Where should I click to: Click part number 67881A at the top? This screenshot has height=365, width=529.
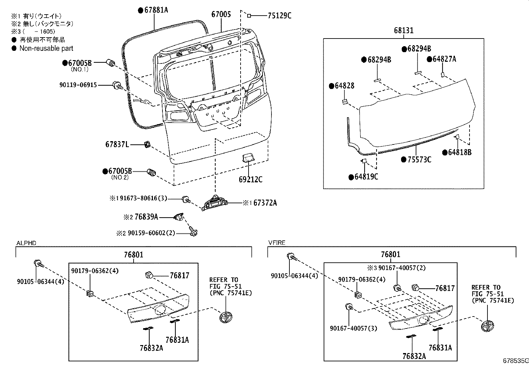tap(156, 10)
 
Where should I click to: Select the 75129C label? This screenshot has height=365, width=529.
tap(279, 15)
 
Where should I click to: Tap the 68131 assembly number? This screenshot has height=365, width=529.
tap(404, 31)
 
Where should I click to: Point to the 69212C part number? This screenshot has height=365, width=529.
tap(250, 180)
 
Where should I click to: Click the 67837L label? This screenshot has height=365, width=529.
tap(117, 144)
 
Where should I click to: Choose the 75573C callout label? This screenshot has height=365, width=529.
tap(419, 160)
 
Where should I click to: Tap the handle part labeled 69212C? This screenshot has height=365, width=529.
tap(248, 158)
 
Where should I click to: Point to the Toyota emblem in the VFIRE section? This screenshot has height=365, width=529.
tap(488, 325)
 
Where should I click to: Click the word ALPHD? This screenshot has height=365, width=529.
tap(26, 243)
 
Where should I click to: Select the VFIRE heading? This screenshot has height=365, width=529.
tap(276, 243)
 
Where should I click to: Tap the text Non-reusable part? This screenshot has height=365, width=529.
tap(46, 48)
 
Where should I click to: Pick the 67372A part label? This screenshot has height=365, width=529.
tap(265, 203)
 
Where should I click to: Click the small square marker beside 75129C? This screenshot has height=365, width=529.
tap(249, 15)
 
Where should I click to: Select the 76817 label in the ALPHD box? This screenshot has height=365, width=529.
tap(179, 275)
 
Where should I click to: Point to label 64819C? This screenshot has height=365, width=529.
tap(366, 177)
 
